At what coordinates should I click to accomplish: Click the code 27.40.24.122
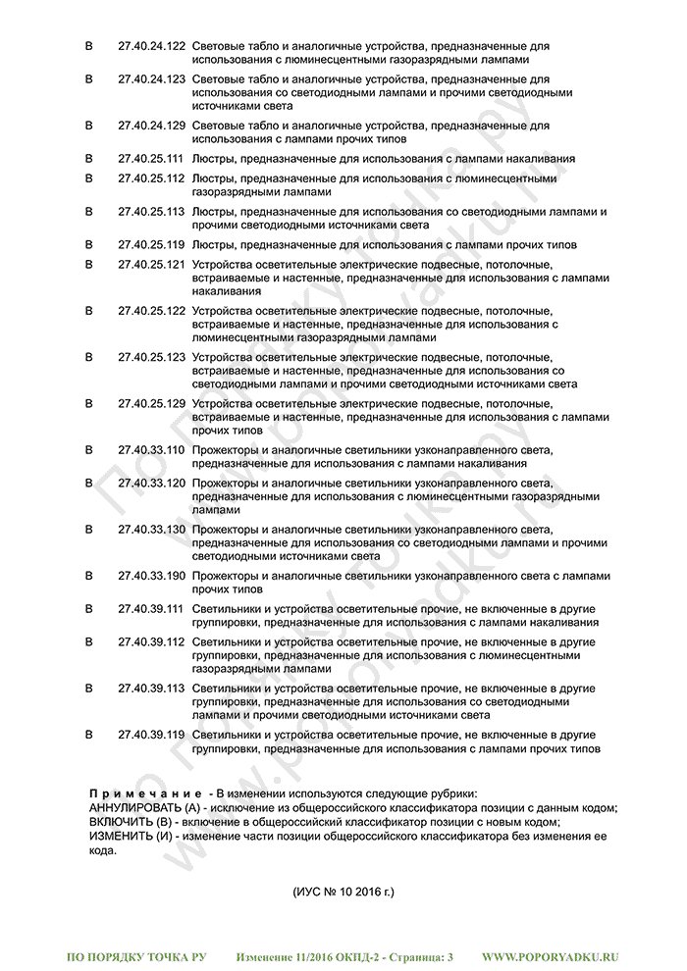151,46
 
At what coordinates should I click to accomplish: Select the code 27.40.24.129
151,126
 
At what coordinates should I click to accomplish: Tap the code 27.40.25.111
151,158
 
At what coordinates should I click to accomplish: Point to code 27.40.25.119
151,244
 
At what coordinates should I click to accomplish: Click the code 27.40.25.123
151,358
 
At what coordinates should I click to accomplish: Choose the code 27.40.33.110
151,450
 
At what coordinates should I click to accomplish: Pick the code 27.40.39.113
151,689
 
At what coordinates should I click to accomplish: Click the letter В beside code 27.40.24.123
89,78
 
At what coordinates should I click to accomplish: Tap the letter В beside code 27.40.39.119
89,735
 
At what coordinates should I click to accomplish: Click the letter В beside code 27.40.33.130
89,530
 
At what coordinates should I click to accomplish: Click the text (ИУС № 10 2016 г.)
343,893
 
